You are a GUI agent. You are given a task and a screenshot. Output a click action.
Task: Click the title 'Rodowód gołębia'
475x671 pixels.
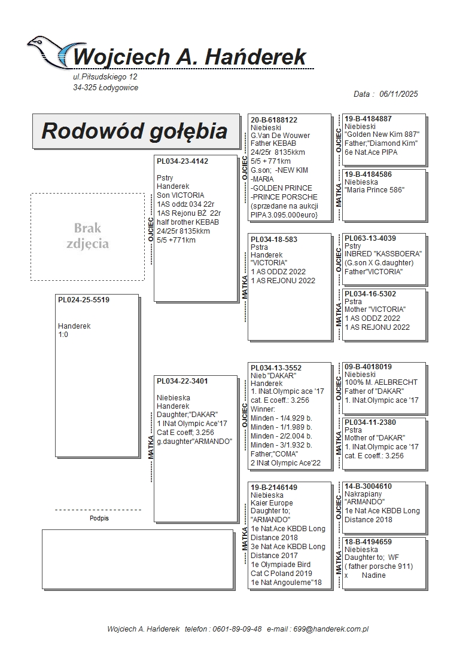(134, 131)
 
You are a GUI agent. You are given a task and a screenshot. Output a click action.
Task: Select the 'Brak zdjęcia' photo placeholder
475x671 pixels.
(87, 236)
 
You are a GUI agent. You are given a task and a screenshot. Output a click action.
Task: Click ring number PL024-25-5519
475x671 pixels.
(84, 300)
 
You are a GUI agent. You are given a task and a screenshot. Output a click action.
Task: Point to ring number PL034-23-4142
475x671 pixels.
(182, 161)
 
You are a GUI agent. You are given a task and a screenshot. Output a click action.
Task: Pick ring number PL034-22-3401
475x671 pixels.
(182, 381)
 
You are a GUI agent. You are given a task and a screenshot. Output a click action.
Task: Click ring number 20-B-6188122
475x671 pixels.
(274, 120)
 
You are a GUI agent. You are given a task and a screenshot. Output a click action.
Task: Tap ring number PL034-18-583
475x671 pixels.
(274, 239)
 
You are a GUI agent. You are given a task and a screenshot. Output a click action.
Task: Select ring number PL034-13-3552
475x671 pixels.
(276, 368)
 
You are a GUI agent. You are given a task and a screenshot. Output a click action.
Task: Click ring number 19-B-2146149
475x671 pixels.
(274, 488)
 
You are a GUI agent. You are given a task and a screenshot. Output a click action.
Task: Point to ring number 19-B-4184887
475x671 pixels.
(369, 119)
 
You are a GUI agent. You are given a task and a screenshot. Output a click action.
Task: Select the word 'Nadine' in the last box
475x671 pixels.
(374, 575)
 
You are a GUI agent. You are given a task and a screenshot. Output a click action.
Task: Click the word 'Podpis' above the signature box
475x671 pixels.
(99, 519)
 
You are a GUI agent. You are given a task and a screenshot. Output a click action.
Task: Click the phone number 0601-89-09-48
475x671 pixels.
(237, 629)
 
